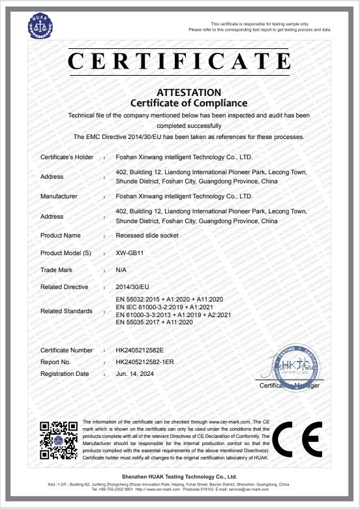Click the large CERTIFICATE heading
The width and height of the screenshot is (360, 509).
click(x=179, y=61)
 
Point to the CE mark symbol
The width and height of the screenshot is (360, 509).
click(x=297, y=441)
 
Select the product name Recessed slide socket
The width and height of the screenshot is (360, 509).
click(x=146, y=235)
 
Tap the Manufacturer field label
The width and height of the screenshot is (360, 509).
click(x=59, y=196)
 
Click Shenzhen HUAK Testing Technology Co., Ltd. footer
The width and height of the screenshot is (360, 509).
click(x=179, y=478)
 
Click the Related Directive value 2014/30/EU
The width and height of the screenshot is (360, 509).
click(x=131, y=286)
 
